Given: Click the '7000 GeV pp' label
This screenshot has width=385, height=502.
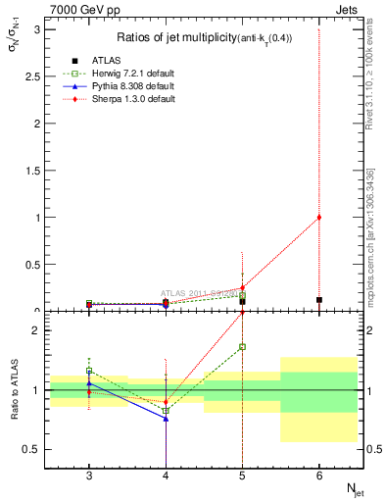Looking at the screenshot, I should coord(77,10).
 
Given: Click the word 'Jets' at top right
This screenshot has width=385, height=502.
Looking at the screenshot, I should coord(345,10).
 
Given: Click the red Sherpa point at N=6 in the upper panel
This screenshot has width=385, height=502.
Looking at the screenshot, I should coord(318,218).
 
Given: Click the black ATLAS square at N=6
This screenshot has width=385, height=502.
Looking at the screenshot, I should coord(318,300).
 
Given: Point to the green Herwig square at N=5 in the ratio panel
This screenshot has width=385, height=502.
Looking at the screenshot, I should coord(242,346).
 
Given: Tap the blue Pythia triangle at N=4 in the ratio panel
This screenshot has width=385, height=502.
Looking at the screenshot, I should coord(166,418).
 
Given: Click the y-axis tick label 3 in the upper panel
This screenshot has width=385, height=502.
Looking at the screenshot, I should coord(38,29).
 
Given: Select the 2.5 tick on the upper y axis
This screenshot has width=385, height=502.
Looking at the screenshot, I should coord(34,76).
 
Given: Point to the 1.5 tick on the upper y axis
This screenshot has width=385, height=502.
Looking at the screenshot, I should coord(34,171).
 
